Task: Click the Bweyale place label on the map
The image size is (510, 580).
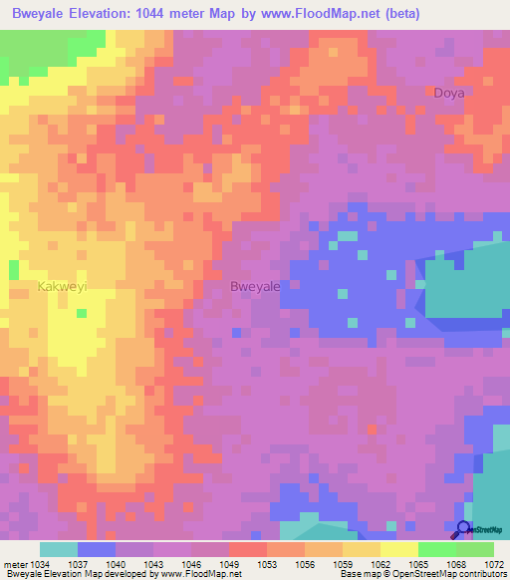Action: (x=255, y=286)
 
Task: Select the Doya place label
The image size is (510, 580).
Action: (x=449, y=93)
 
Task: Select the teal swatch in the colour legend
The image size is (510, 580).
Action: (x=58, y=549)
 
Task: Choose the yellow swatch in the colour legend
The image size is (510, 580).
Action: (x=398, y=549)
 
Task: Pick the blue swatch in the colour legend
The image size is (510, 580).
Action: (x=96, y=549)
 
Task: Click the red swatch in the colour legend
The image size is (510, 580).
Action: (x=247, y=549)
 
